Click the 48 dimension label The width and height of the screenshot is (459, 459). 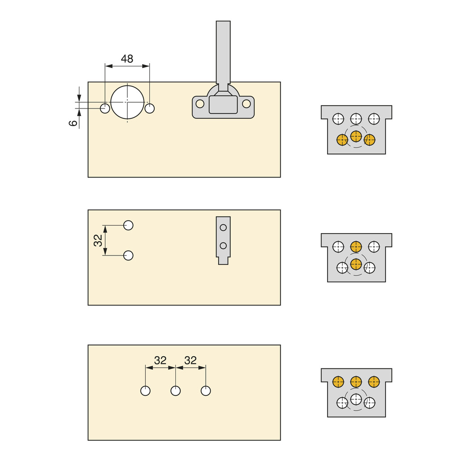click(127, 59)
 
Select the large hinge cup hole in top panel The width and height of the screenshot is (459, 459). click(127, 102)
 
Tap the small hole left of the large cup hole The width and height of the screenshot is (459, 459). click(105, 108)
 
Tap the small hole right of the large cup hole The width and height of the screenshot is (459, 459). click(150, 108)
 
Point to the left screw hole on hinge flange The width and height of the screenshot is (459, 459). click(200, 104)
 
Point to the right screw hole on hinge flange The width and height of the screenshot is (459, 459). click(246, 104)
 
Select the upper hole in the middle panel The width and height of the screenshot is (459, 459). click(128, 225)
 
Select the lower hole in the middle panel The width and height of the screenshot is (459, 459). click(128, 255)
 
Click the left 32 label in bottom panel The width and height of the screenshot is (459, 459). click(160, 360)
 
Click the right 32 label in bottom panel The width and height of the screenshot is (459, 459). click(191, 360)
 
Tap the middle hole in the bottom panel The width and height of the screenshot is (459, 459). click(176, 391)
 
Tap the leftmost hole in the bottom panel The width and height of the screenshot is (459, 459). click(145, 391)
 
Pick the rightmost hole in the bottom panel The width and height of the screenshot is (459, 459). click(206, 391)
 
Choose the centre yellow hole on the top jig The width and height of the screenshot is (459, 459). click(356, 136)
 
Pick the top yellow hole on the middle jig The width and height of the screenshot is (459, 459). click(356, 247)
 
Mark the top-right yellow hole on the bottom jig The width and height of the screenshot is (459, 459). click(374, 382)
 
